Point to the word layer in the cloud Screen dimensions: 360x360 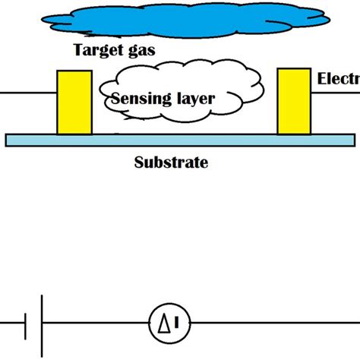pos(192,98)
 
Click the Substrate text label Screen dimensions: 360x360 pos(170,162)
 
